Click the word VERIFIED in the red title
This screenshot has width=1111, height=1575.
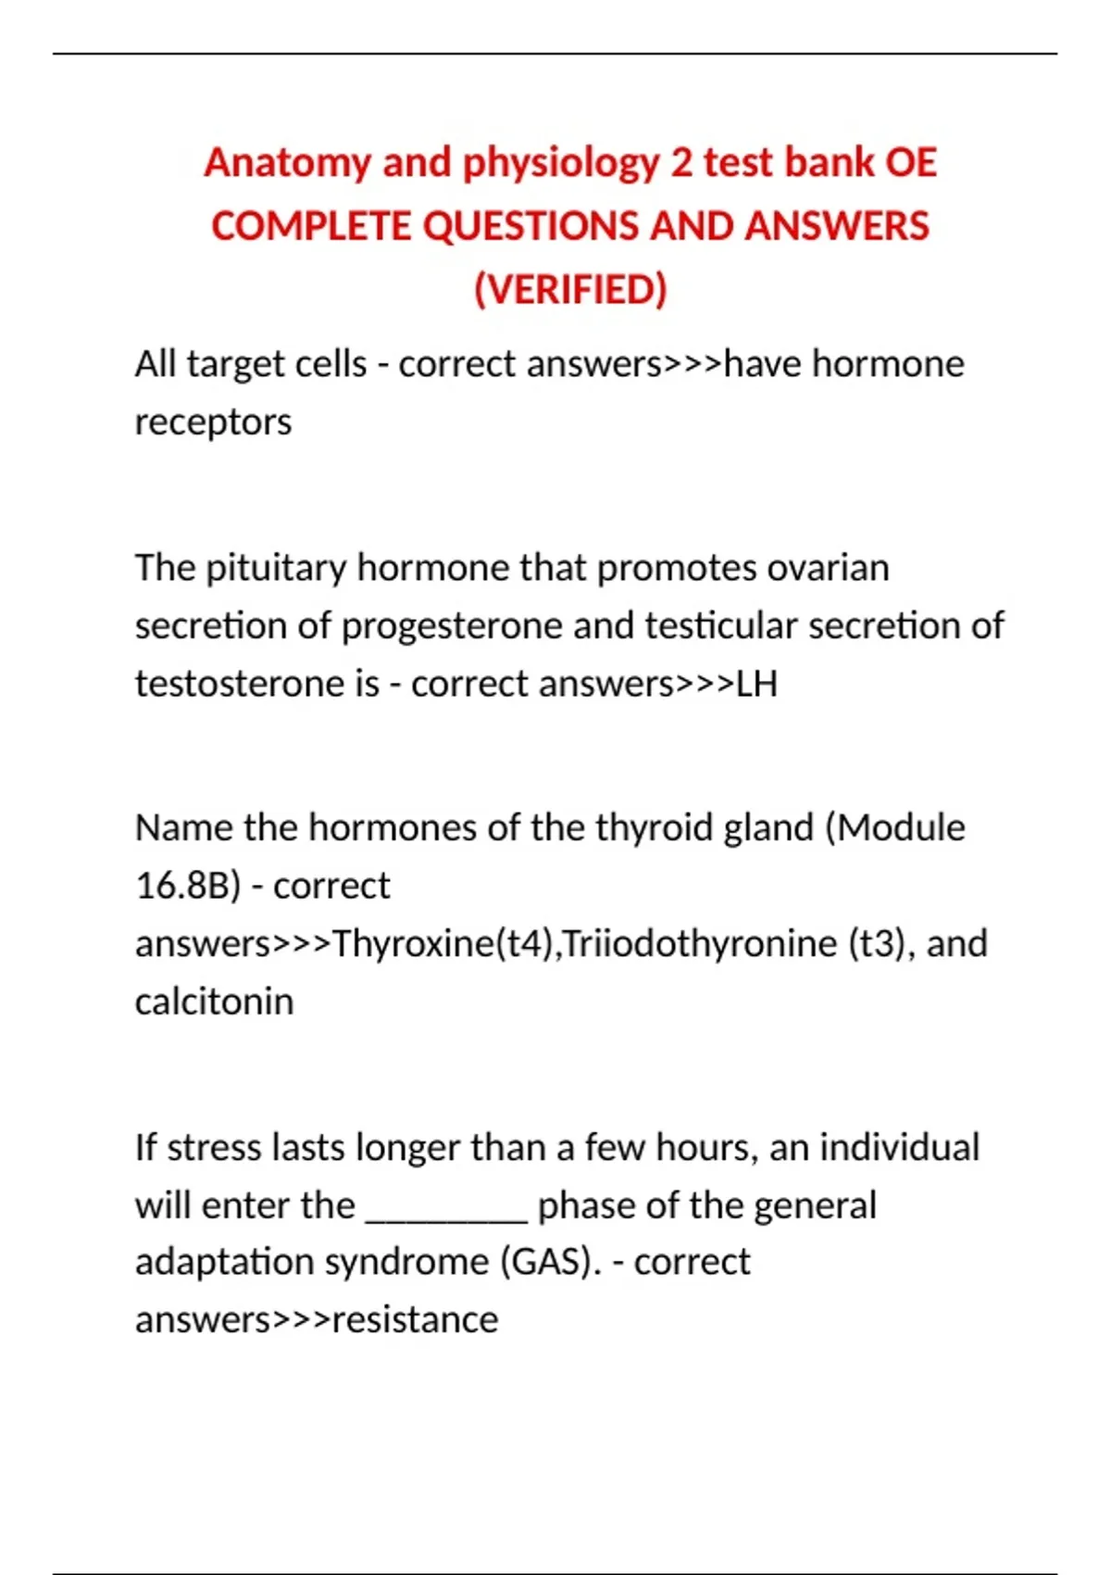tap(570, 290)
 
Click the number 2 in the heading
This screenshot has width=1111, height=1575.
tap(681, 163)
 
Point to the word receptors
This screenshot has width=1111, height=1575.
tap(213, 422)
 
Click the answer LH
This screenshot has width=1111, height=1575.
tap(756, 684)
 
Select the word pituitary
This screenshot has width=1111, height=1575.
tap(276, 568)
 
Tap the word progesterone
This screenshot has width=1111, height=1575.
tap(453, 626)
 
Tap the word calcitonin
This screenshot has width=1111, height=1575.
tap(214, 1002)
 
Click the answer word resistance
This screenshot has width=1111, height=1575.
tap(415, 1320)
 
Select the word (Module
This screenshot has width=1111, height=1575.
tap(894, 827)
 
